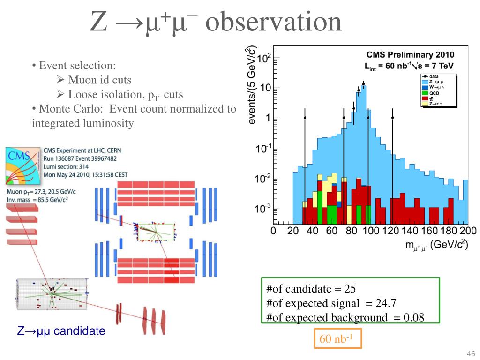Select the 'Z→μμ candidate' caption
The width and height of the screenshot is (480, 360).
pyautogui.click(x=61, y=331)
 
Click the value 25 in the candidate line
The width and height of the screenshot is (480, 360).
pyautogui.click(x=350, y=288)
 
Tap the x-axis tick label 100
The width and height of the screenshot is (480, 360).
pyautogui.click(x=371, y=231)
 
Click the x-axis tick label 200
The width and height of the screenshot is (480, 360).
pyautogui.click(x=468, y=231)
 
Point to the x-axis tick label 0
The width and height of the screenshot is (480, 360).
pyautogui.click(x=273, y=231)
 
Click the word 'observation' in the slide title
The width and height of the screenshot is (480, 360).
pyautogui.click(x=273, y=22)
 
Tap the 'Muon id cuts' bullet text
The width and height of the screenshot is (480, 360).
pyautogui.click(x=100, y=80)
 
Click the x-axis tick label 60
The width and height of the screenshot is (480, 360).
pyautogui.click(x=332, y=231)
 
